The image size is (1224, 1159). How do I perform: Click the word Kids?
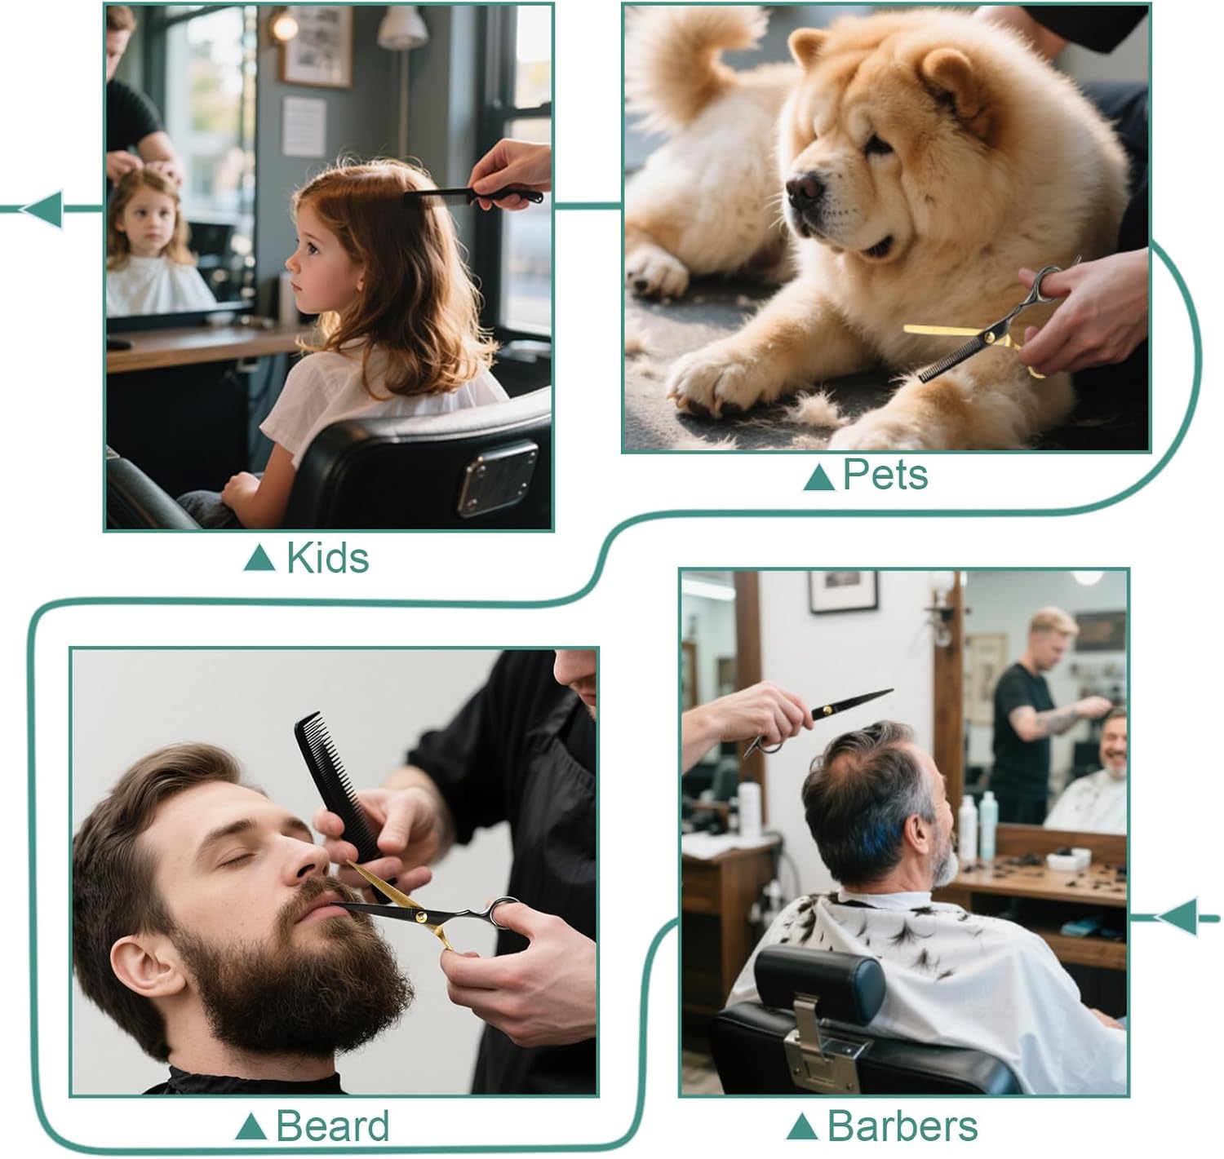point(327,558)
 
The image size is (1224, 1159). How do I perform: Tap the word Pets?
point(885,475)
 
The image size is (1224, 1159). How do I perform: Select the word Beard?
point(332,1126)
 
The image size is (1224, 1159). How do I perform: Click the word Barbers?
point(902,1126)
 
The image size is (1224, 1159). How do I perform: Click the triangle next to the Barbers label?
point(802,1126)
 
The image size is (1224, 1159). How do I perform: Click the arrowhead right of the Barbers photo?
point(1177,918)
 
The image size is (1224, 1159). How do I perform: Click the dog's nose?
point(805,188)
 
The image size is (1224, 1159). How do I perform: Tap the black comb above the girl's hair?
point(473,197)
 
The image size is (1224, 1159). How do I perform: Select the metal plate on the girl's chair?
point(498,479)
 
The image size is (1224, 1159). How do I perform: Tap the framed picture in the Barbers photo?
point(843,591)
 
